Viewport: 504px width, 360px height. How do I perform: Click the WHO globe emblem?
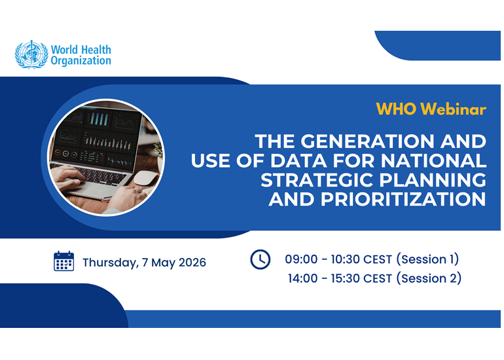(x=31, y=54)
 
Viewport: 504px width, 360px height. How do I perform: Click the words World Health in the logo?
(x=81, y=50)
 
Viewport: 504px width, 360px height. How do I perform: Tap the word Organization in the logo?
(x=81, y=61)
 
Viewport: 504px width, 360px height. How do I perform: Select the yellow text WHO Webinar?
(x=431, y=109)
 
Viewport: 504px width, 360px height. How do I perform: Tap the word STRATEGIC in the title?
(x=317, y=180)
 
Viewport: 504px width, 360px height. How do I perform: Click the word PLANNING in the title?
(x=433, y=180)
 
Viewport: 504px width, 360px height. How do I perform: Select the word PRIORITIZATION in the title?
(x=403, y=199)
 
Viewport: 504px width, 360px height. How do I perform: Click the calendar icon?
(x=63, y=261)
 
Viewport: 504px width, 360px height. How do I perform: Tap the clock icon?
(x=261, y=259)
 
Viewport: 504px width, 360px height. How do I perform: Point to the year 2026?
(x=192, y=262)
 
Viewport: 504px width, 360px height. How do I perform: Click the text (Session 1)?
(x=427, y=259)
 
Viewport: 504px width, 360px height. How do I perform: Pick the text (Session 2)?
(x=429, y=278)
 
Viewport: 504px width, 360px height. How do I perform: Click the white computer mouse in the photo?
(x=145, y=178)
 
